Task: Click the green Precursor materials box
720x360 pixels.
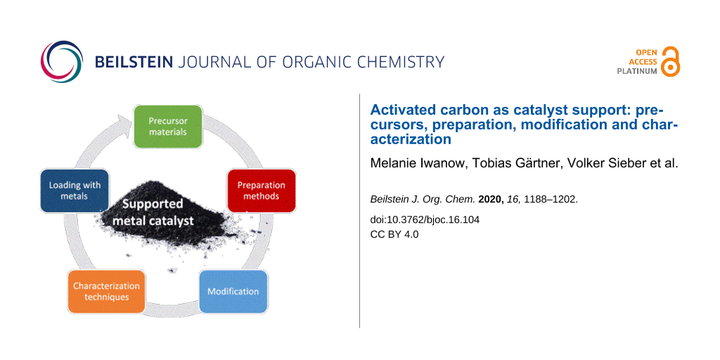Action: tap(167, 127)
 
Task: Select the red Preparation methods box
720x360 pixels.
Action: tap(262, 191)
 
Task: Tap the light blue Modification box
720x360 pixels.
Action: tap(233, 291)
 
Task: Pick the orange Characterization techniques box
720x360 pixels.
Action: tap(107, 291)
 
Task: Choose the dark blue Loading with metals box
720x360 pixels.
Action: tap(75, 191)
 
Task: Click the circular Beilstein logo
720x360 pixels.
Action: tap(62, 62)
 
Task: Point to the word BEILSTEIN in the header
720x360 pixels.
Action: tap(134, 62)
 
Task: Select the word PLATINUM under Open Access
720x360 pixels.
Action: tap(636, 72)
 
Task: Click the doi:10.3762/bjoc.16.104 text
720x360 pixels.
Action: tap(425, 220)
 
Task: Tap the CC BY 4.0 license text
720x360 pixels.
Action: tap(394, 234)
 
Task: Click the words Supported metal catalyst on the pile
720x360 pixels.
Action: tap(153, 212)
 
